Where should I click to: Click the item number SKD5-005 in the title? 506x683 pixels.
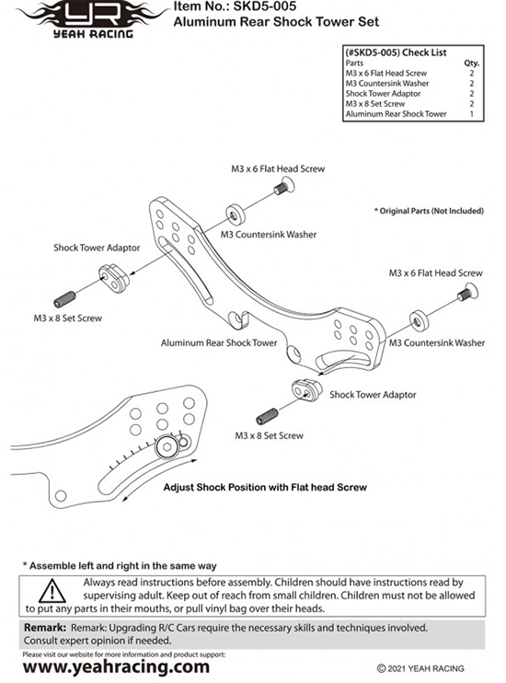coord(265,6)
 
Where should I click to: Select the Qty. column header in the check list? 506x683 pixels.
coord(471,64)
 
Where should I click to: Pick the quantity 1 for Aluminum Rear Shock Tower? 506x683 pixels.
coord(472,114)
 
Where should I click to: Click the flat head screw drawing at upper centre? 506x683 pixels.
coord(285,187)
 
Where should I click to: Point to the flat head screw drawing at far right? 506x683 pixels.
coord(468,293)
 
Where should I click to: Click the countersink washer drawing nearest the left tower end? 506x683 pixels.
coord(236,214)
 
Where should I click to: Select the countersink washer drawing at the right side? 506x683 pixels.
coord(419,320)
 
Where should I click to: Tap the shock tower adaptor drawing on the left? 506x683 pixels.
coord(113,278)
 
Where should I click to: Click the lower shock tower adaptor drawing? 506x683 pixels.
coord(307,390)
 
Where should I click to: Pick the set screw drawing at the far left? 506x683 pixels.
coord(65,300)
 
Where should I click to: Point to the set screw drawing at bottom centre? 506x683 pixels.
coord(267,417)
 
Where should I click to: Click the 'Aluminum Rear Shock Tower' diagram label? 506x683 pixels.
coord(219,342)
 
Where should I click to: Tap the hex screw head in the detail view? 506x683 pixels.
coord(167,446)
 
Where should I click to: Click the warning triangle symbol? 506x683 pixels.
coord(52,591)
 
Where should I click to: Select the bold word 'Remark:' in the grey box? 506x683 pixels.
coord(45,628)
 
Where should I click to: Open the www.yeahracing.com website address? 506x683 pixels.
coord(116,666)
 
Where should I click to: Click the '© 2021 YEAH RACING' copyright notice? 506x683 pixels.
coord(420,668)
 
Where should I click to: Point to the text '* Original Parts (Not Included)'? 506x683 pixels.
coord(429,211)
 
